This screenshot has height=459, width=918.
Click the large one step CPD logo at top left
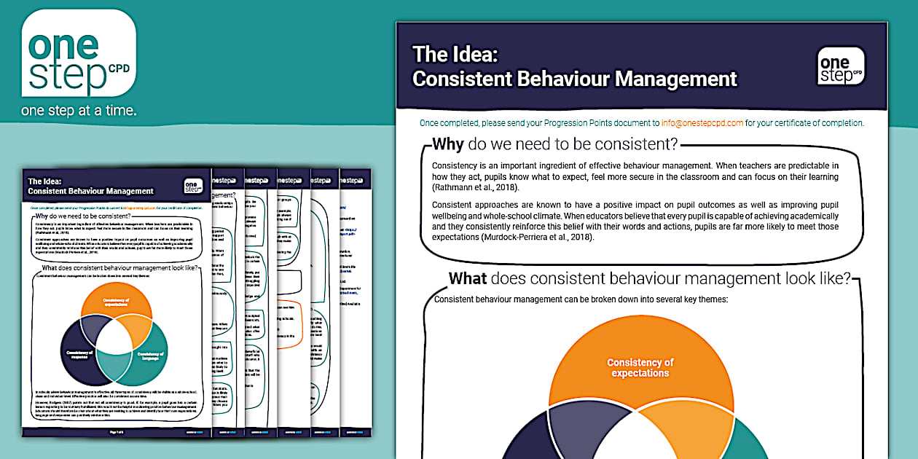[79, 54]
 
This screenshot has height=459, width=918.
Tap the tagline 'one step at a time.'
[79, 111]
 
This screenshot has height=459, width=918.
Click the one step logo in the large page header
[841, 66]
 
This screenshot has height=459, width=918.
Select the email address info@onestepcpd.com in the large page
[702, 123]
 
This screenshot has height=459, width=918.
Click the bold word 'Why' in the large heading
[447, 144]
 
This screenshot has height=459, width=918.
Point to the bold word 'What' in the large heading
[468, 278]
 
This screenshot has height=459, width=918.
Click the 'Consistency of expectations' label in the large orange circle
[640, 367]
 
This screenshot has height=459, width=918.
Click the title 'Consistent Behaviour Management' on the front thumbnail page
[90, 192]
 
